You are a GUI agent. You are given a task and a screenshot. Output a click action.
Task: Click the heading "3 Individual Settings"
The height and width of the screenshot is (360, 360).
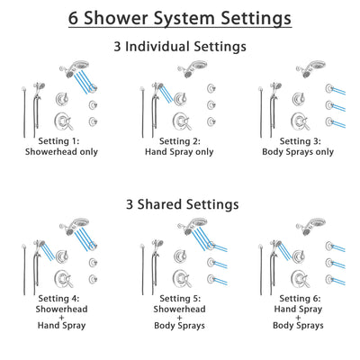pyautogui.click(x=180, y=46)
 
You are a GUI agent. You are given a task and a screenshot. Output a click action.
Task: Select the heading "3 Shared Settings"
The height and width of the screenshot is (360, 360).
pyautogui.click(x=180, y=204)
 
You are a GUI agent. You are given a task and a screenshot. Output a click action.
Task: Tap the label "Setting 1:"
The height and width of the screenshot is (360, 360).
pyautogui.click(x=63, y=141)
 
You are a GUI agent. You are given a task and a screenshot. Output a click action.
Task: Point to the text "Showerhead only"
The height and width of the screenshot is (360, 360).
pyautogui.click(x=63, y=153)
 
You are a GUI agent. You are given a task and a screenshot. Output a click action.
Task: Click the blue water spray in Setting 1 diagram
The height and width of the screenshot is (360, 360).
pyautogui.click(x=88, y=83)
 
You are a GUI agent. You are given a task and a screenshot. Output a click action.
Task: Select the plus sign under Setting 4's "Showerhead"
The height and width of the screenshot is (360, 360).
pyautogui.click(x=64, y=322)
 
